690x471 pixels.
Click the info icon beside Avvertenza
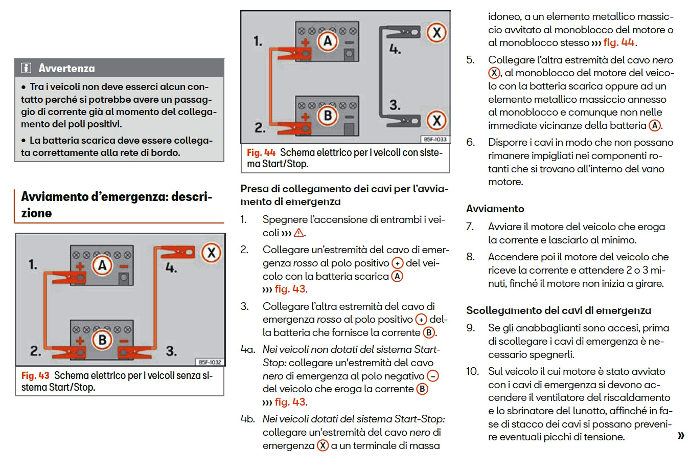point(26,68)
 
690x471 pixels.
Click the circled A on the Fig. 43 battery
point(102,265)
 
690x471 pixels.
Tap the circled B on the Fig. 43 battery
point(102,340)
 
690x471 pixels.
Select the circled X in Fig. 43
point(211,253)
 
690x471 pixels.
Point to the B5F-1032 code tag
point(210,362)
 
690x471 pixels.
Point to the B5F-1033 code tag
point(434,139)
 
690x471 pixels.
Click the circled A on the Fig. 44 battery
point(328,41)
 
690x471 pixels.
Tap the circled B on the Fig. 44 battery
point(328,115)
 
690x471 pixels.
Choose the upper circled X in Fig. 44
point(436,33)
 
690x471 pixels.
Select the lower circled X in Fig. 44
point(436,120)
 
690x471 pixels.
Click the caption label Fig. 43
point(35,375)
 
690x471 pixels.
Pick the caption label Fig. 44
point(261,152)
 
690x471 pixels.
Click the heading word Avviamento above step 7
point(495,209)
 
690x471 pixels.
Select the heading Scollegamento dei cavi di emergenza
point(559,310)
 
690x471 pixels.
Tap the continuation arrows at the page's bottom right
point(680,436)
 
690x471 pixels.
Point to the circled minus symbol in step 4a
point(432,376)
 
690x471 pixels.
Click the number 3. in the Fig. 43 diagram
point(171,351)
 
